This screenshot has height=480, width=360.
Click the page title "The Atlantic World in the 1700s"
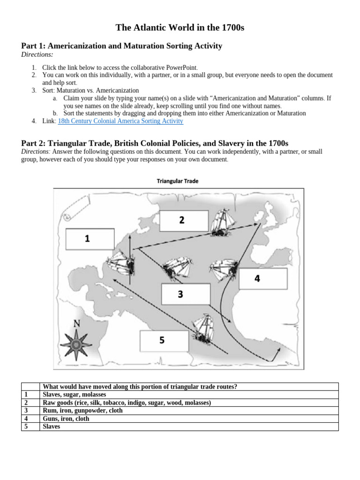180,29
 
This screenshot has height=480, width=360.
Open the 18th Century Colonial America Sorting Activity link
120,121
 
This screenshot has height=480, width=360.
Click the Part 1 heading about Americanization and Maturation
122,46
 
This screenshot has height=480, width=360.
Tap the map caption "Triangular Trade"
177,181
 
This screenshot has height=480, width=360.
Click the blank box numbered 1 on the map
90,239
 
